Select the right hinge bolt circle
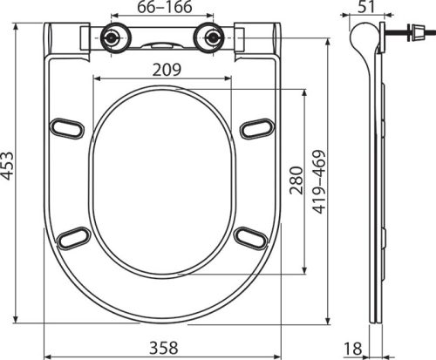209,39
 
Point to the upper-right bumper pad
254,128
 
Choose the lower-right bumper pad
249,237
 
